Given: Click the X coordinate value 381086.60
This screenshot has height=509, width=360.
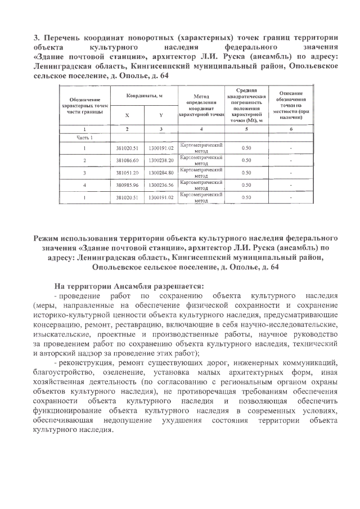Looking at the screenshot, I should tap(127, 160).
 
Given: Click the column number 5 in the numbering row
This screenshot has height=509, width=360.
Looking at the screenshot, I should tap(246, 129).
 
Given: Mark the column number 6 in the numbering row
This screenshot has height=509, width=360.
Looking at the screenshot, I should tap(290, 129).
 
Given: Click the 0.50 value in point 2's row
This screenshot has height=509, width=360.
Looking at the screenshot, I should tap(246, 160).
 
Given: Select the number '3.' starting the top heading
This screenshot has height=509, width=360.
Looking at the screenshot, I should tap(37, 38).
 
